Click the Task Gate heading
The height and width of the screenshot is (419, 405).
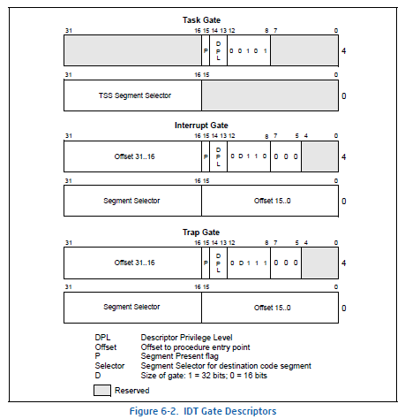pos(201,20)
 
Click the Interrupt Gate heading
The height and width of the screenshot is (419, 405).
pos(201,125)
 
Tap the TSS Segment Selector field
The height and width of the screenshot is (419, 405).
pos(134,95)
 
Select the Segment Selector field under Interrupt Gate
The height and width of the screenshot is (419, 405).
pos(132,200)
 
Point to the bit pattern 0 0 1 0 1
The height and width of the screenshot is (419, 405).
pos(248,51)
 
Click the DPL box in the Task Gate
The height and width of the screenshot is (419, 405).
pos(218,51)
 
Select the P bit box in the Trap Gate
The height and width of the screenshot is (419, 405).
pos(206,262)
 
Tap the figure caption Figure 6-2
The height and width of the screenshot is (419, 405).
pos(202,410)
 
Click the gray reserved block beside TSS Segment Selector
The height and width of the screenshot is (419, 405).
pos(270,95)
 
